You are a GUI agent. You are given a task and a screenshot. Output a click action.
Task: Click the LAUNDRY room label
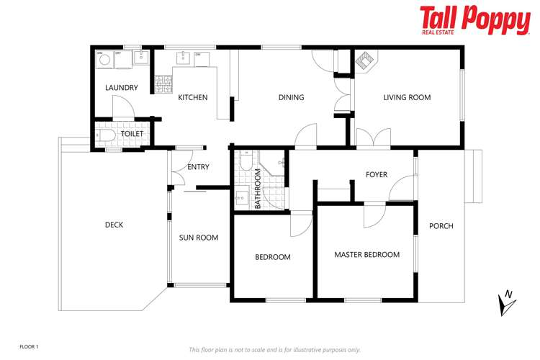(x=121, y=89)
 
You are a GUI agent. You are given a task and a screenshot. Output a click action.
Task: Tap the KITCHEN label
(x=193, y=97)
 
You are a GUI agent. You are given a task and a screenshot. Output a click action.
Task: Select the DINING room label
(x=291, y=97)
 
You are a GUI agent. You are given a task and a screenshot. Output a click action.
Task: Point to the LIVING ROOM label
(x=407, y=97)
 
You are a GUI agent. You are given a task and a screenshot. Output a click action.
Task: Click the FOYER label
(x=377, y=175)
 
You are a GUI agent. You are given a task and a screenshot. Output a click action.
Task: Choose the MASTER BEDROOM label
(x=366, y=254)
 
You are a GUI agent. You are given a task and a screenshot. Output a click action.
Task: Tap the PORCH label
(x=441, y=226)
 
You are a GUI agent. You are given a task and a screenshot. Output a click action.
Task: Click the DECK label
(x=114, y=225)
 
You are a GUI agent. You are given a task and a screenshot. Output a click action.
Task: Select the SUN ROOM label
(x=199, y=238)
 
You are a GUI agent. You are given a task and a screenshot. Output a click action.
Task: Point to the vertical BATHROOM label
(x=258, y=189)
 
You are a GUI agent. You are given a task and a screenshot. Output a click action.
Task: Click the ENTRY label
(x=198, y=167)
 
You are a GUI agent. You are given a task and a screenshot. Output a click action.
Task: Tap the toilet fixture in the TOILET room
(x=104, y=135)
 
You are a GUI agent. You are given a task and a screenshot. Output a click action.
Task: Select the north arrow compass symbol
(x=507, y=302)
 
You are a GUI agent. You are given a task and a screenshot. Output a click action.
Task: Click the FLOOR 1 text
(x=29, y=346)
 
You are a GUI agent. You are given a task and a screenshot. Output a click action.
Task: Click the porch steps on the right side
(x=474, y=177)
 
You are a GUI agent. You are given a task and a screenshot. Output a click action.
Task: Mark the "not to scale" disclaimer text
(x=274, y=349)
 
